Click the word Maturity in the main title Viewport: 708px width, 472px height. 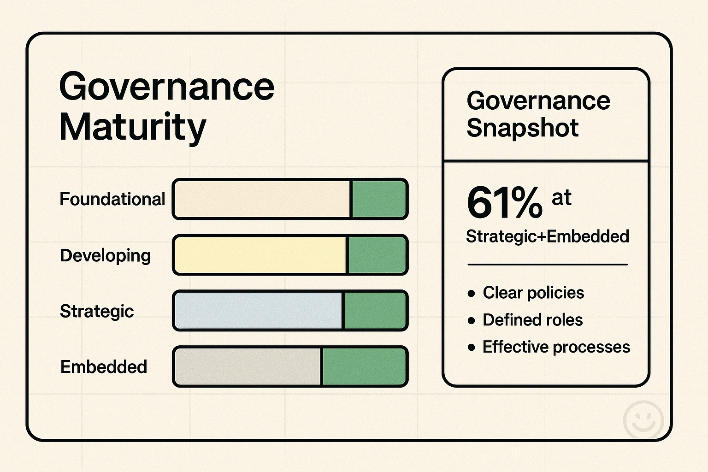pyautogui.click(x=132, y=127)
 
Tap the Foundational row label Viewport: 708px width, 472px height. pyautogui.click(x=112, y=199)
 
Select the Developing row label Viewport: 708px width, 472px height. pyautogui.click(x=105, y=255)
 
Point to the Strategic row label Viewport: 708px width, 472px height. pyautogui.click(x=97, y=311)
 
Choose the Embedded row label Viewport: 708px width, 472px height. pyautogui.click(x=104, y=367)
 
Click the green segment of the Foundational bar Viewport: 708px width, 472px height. pyautogui.click(x=378, y=199)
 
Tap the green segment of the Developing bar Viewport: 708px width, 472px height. pyautogui.click(x=377, y=255)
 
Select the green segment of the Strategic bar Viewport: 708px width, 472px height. pyautogui.click(x=375, y=311)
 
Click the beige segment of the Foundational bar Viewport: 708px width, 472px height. pyautogui.click(x=262, y=199)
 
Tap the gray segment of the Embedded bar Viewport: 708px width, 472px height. pyautogui.click(x=248, y=367)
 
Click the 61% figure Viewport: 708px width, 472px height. pyautogui.click(x=505, y=203)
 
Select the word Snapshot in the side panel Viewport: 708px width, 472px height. pyautogui.click(x=522, y=128)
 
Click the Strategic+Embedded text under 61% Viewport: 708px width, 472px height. pyautogui.click(x=547, y=236)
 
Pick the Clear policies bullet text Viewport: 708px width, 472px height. pyautogui.click(x=533, y=293)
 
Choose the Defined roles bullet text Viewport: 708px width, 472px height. pyautogui.click(x=532, y=320)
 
